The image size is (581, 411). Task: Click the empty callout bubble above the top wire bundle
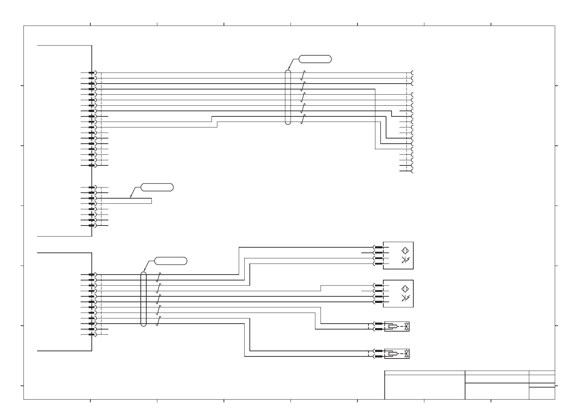[x=315, y=59]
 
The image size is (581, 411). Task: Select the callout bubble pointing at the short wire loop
[x=157, y=188]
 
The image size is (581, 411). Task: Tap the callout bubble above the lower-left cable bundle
[x=170, y=261]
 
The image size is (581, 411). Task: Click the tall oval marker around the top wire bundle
[x=288, y=97]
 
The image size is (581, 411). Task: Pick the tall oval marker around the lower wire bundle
[x=144, y=299]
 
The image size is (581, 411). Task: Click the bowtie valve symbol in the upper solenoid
[x=407, y=326]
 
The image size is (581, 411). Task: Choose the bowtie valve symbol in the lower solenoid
[x=407, y=354]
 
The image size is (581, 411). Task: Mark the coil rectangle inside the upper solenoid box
[x=393, y=326]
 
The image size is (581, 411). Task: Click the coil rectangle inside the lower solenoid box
[x=393, y=354]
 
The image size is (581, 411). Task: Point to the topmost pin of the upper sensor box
[x=378, y=247]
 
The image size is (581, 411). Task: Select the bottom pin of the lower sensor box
[x=378, y=302]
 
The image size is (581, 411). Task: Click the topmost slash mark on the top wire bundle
[x=303, y=75]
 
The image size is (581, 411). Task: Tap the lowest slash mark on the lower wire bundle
[x=158, y=322]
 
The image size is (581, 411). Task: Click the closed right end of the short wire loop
[x=151, y=201]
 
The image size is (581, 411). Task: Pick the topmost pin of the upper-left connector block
[x=92, y=73]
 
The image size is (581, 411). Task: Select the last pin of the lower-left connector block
[x=92, y=334]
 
